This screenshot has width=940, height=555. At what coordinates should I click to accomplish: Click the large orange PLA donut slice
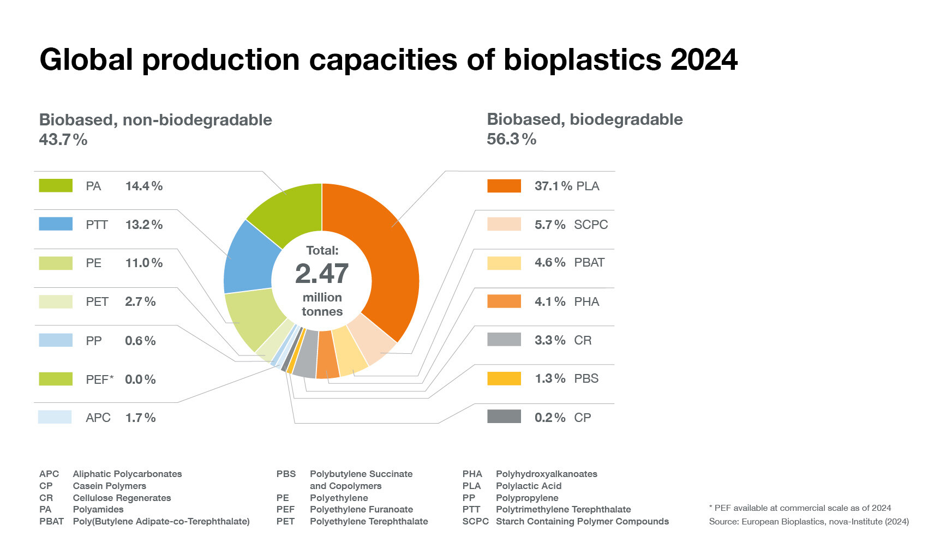382,256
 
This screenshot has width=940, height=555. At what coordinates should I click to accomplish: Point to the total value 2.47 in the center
322,274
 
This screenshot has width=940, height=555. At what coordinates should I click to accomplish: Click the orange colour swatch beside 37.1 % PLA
504,186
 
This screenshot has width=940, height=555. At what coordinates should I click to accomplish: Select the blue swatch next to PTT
56,224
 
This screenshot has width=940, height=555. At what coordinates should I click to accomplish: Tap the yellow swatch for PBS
504,378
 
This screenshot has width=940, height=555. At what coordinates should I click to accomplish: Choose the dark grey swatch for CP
504,417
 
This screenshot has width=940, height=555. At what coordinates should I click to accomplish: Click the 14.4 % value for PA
144,186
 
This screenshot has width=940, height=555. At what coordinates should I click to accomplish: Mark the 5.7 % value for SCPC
550,225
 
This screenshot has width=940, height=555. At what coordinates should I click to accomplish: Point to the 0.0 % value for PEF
140,379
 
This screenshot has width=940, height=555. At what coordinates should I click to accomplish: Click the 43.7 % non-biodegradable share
63,140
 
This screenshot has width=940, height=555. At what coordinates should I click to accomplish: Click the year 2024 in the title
704,59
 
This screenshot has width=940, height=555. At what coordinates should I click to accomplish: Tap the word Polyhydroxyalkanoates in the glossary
546,474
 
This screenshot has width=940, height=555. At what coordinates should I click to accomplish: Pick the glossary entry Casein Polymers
109,486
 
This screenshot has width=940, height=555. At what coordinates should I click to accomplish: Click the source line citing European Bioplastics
809,522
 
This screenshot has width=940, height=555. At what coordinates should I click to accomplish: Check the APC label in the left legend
98,418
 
